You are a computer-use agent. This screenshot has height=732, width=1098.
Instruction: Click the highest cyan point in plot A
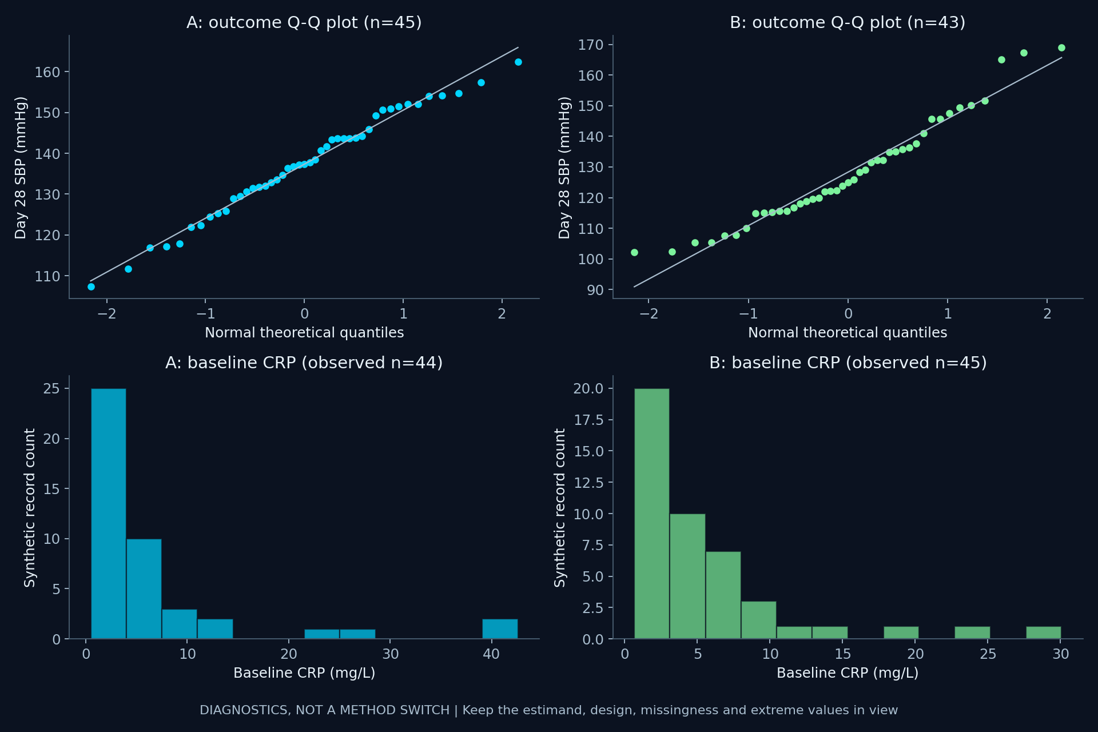point(518,62)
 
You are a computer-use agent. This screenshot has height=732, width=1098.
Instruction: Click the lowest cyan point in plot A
point(91,287)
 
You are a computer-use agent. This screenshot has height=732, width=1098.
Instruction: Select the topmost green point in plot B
point(1061,47)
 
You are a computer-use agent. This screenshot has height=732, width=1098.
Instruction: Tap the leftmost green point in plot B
point(634,252)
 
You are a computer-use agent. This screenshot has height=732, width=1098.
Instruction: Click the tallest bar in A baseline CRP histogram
point(109,514)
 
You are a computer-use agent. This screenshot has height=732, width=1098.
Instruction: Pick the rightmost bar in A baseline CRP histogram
point(500,628)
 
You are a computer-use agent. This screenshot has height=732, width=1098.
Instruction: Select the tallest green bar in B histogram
point(652,514)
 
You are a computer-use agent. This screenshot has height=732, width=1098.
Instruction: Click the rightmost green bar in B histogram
point(1044,632)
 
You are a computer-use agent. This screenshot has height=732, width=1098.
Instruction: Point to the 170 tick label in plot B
point(591,45)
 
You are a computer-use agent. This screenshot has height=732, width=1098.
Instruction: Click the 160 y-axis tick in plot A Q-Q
point(47,72)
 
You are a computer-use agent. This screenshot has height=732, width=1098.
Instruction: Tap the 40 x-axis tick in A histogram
point(491,654)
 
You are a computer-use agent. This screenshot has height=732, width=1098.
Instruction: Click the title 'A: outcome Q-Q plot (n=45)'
point(304,22)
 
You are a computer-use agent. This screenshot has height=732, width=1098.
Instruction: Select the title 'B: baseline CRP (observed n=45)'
point(848,363)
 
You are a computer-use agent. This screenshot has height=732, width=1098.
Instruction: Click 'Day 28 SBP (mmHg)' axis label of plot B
point(564,167)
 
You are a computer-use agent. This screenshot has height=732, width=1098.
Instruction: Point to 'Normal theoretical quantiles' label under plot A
point(304,332)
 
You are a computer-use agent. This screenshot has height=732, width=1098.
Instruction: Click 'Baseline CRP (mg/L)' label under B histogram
point(848,673)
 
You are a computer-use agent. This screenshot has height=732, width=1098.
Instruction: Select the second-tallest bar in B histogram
point(687,576)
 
